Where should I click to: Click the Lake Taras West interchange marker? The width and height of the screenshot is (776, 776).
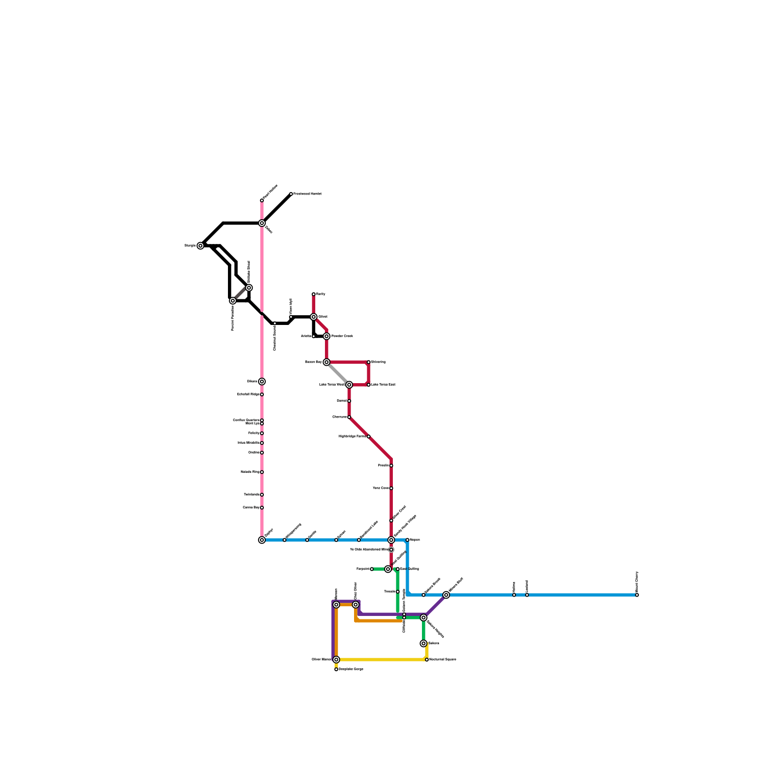[x=349, y=385]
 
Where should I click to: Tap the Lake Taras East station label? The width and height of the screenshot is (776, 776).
[x=383, y=385]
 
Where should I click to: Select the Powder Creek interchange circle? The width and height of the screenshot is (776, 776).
[x=326, y=336]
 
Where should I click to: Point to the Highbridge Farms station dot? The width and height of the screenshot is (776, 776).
[x=369, y=436]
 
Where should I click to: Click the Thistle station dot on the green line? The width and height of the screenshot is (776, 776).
[x=398, y=592]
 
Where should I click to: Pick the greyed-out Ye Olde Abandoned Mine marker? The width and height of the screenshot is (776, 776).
[x=391, y=550]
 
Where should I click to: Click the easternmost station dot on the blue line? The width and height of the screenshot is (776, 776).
[x=637, y=595]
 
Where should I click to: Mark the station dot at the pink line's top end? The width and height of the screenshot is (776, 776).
[x=262, y=200]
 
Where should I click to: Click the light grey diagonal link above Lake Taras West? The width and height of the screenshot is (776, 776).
[x=338, y=373]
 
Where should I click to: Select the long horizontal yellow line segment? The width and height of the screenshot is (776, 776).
[x=381, y=660]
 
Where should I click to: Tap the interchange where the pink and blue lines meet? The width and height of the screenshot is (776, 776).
[x=262, y=540]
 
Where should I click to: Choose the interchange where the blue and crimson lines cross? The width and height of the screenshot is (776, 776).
[x=391, y=540]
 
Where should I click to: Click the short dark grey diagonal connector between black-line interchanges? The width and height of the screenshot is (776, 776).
[x=241, y=294]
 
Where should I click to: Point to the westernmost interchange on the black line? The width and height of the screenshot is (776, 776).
[x=200, y=246]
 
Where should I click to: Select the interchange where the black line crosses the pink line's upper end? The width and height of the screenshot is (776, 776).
[x=262, y=223]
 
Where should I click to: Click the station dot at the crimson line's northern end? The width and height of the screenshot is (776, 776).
[x=314, y=294]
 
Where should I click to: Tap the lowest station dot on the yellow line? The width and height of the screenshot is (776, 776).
[x=336, y=669]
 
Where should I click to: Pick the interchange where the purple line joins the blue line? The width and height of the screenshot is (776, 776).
[x=446, y=595]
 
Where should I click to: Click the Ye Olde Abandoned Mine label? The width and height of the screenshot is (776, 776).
[x=369, y=550]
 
